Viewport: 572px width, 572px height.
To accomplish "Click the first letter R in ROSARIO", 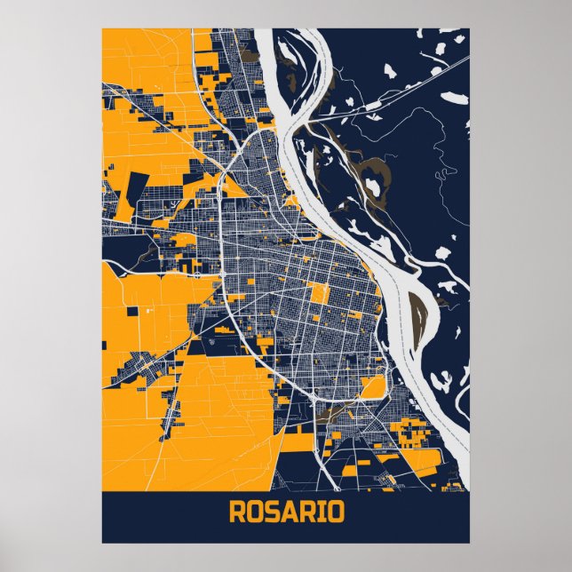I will [237, 513].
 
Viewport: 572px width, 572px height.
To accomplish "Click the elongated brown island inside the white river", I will [416, 316].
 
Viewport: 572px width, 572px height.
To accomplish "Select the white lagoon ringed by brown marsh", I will [372, 187].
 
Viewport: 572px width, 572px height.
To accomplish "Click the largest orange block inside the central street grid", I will [320, 293].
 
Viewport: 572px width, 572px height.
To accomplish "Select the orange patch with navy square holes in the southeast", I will [414, 434].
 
